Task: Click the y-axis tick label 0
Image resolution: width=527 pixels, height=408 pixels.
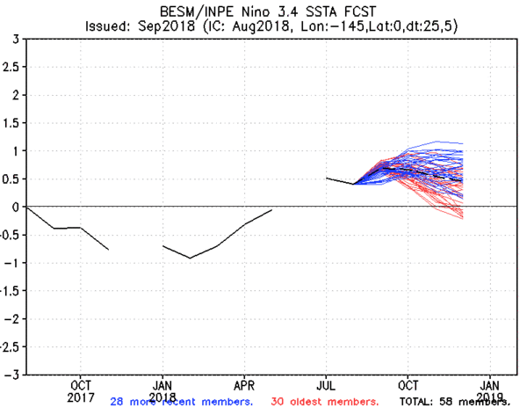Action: pos(16,207)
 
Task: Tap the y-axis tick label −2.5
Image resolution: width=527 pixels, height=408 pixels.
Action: pos(9,346)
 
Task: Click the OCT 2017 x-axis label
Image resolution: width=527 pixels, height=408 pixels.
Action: pos(80,390)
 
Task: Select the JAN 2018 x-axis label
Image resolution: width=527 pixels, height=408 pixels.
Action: pos(162,390)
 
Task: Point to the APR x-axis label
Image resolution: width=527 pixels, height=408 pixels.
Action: pos(245,385)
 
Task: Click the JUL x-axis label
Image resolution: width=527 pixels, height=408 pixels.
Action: pos(327,385)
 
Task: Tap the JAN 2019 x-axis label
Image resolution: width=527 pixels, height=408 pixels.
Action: pos(491,390)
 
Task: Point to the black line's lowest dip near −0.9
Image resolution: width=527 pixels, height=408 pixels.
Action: pos(191,258)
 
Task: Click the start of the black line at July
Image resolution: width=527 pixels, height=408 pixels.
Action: pos(327,178)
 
